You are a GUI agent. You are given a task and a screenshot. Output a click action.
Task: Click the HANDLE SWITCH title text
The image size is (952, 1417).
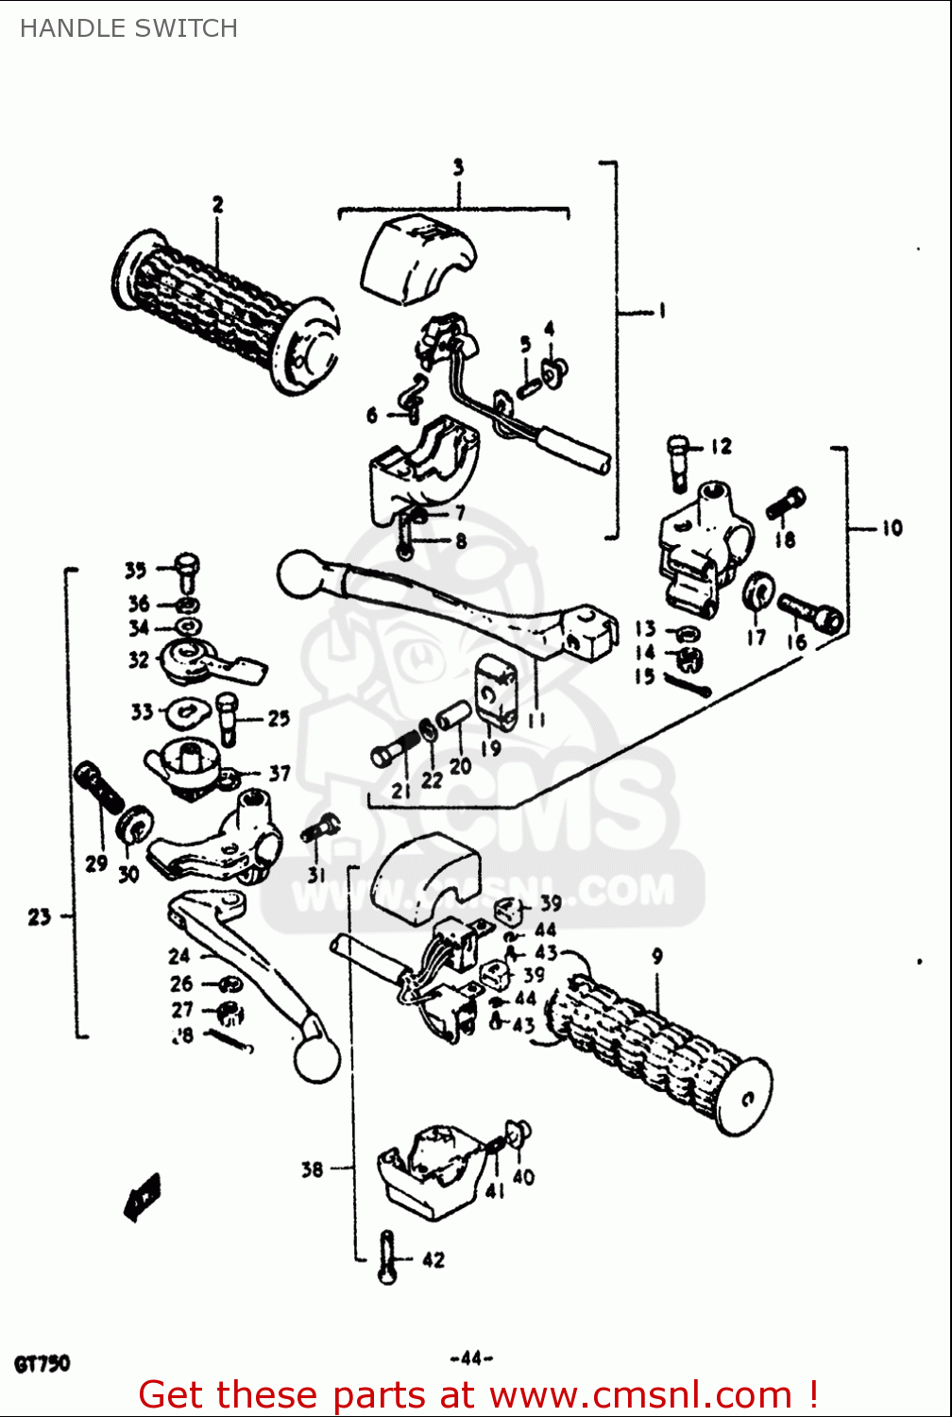pyautogui.click(x=128, y=28)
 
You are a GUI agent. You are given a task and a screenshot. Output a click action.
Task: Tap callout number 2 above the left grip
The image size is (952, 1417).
pyautogui.click(x=218, y=204)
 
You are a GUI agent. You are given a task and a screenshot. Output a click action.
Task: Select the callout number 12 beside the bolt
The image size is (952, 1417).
pyautogui.click(x=721, y=446)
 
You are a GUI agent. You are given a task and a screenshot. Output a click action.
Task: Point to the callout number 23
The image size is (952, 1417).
pyautogui.click(x=39, y=915)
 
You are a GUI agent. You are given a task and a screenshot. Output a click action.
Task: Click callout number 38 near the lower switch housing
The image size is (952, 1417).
pyautogui.click(x=312, y=1169)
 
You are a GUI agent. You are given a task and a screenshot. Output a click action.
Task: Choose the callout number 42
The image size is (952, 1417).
pyautogui.click(x=433, y=1259)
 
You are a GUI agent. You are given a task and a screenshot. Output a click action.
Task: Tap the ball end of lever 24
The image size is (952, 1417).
pyautogui.click(x=316, y=1059)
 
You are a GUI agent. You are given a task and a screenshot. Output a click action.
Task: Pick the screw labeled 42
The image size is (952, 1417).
pyautogui.click(x=386, y=1256)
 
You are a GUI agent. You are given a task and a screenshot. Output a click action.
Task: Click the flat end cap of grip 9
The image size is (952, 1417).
pyautogui.click(x=743, y=1095)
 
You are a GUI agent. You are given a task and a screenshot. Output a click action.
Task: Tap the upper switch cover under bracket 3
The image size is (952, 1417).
pyautogui.click(x=416, y=257)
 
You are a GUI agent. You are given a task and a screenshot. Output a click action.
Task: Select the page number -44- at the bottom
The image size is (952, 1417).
pyautogui.click(x=471, y=1358)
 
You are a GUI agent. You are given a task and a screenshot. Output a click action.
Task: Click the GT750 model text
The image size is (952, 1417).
pyautogui.click(x=42, y=1364)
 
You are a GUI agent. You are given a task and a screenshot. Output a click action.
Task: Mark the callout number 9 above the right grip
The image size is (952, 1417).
pyautogui.click(x=657, y=956)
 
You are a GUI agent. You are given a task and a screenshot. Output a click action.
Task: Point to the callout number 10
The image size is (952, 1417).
pyautogui.click(x=892, y=528)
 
